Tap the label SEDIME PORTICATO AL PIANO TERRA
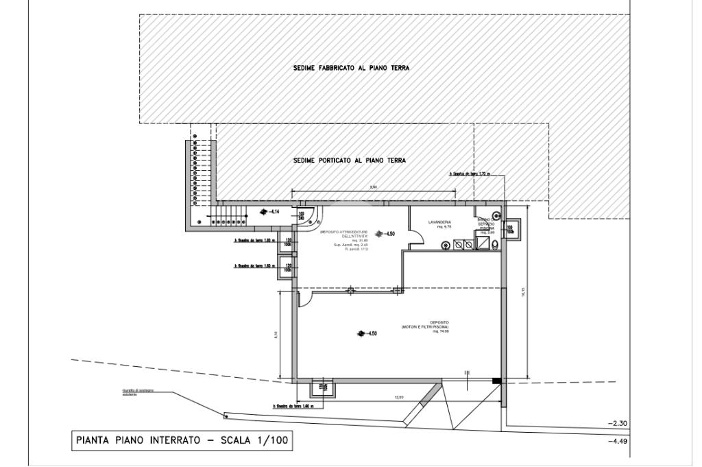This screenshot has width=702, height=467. [350, 160]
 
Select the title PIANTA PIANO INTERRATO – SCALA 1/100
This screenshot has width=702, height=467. [182, 441]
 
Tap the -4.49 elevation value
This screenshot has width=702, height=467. [618, 441]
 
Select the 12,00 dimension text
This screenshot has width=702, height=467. [398, 398]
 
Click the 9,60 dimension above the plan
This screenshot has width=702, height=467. [374, 187]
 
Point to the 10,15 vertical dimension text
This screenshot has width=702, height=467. [523, 292]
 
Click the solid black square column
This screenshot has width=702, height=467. [497, 381]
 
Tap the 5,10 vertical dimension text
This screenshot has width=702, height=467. [275, 335]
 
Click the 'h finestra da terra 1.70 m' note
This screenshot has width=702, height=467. [473, 174]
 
